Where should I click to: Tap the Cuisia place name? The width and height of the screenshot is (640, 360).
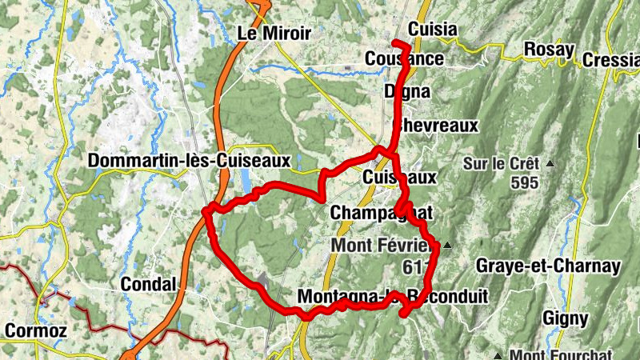432,30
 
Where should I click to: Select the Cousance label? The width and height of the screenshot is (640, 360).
404,59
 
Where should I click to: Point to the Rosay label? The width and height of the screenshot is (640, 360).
549,50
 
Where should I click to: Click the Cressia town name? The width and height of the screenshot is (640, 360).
610,60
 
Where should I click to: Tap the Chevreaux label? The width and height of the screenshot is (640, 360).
437,126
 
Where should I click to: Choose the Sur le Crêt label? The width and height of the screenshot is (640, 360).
502,164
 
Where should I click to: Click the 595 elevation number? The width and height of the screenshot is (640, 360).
524,182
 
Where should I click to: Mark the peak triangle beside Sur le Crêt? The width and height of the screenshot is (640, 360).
550,164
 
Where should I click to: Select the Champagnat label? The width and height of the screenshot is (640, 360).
381,214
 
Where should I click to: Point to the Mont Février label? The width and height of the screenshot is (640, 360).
382,245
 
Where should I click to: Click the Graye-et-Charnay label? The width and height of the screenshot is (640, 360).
548,266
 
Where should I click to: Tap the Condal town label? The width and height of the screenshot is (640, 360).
148,284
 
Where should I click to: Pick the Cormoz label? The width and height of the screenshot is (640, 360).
34,330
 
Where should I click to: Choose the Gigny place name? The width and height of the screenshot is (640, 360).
566,318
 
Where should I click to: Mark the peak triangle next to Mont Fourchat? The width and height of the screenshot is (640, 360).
498,355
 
